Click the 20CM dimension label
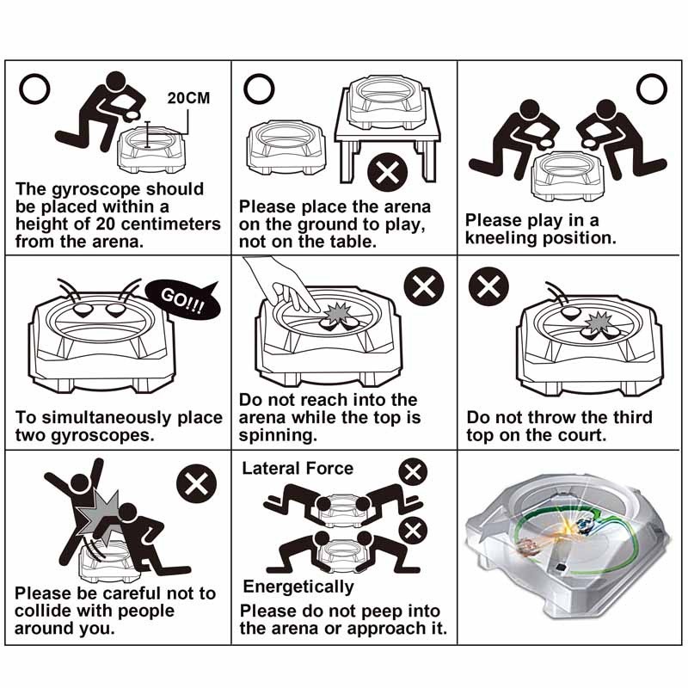(x=188, y=98)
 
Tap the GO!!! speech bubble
(x=182, y=300)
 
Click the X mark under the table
(x=388, y=172)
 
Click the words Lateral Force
(x=298, y=469)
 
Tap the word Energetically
(x=298, y=587)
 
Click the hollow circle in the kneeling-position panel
(x=652, y=89)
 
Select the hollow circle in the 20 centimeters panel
(x=34, y=89)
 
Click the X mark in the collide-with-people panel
(x=196, y=484)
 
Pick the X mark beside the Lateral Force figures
(x=413, y=472)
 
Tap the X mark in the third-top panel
(x=488, y=286)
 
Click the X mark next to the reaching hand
(x=424, y=286)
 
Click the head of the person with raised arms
(x=80, y=484)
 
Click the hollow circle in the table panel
(x=259, y=89)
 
